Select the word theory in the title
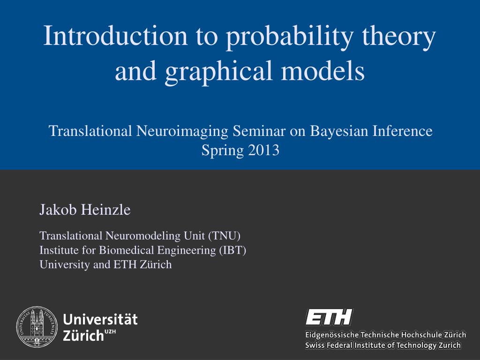[x=400, y=37]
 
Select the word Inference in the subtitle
[x=402, y=131]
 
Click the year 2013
[x=263, y=150]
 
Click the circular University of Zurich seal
[x=37, y=327]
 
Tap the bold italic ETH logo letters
[x=329, y=317]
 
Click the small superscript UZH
[x=110, y=332]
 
